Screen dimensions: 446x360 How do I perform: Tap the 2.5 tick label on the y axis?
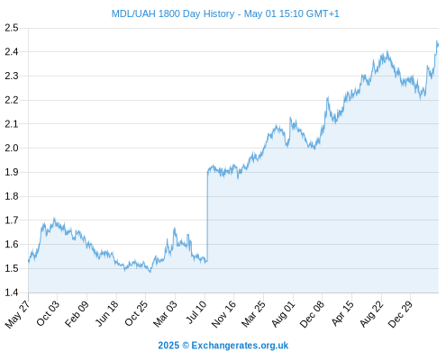coord(12,28)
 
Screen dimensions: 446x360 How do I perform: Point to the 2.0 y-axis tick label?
coord(12,148)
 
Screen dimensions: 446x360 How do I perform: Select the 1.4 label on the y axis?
coord(12,292)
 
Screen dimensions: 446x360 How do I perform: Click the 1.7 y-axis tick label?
coord(12,220)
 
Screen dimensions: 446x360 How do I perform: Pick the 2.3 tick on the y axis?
coord(12,76)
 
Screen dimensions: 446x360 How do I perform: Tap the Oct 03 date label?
coord(48,313)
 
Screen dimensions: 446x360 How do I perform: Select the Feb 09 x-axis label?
coord(77,314)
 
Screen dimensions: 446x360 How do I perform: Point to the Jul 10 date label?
coord(196,312)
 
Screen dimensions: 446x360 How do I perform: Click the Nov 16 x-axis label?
coord(223,314)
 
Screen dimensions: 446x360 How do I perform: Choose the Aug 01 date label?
coord(283,314)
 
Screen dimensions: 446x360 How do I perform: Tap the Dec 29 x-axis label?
coord(400,314)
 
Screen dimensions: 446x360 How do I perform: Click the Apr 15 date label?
coord(342,313)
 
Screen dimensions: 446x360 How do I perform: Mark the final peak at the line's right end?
coord(437,40)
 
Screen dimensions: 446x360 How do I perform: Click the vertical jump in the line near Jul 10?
coord(207,216)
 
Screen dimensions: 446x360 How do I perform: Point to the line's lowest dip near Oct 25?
coord(150,272)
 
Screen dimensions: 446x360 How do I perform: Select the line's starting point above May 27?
coord(29,261)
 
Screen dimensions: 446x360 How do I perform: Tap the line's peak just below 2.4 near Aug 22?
coord(387,51)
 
